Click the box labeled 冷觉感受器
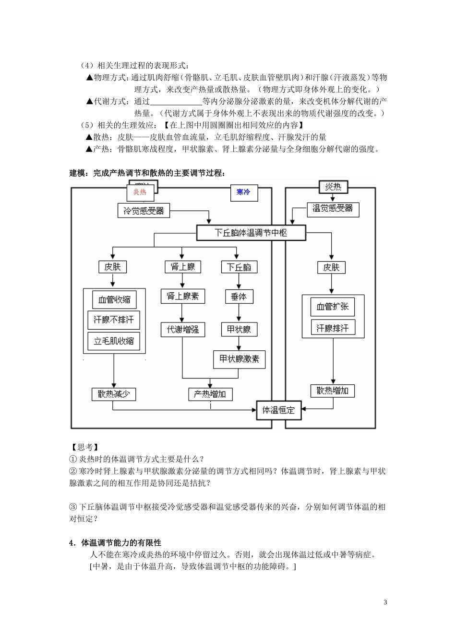pos(144,210)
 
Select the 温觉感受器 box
pos(333,209)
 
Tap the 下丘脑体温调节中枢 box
pos(251,233)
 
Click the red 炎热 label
pos(140,192)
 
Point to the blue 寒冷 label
pos(243,192)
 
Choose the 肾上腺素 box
pos(182,296)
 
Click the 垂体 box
pos(239,297)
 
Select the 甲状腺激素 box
pos(239,359)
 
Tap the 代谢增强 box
pos(182,329)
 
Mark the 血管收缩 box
pos(114,299)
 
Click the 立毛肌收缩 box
pos(114,341)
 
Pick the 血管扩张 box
pos(333,307)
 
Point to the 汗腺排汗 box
pos(333,328)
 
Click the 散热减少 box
pos(114,394)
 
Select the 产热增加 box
pos(210,394)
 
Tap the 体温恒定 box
pos(278,410)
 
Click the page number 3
pos(385,602)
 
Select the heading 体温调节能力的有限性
pos(121,543)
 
